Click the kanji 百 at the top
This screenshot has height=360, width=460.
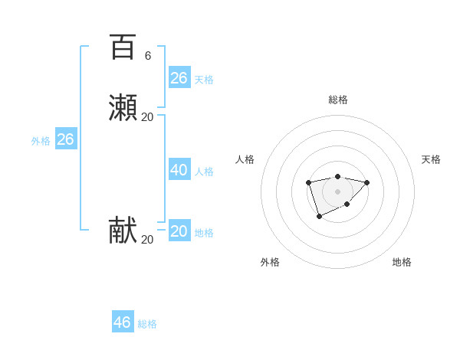tap(123, 47)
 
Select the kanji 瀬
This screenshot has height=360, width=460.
tap(123, 108)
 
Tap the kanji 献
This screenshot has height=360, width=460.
tap(123, 231)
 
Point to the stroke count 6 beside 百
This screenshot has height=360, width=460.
tap(148, 55)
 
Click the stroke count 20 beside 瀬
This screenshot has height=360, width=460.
tap(148, 116)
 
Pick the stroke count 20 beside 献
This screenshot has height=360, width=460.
tap(148, 239)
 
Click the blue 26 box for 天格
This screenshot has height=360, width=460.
tap(179, 78)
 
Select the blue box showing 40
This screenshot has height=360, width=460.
tap(179, 170)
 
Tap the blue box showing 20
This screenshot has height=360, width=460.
tap(179, 231)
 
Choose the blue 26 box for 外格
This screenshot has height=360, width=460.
tap(66, 139)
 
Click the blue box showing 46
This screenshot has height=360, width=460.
tap(123, 322)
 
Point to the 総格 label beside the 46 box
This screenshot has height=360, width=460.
tap(147, 324)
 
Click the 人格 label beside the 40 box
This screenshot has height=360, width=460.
tap(204, 172)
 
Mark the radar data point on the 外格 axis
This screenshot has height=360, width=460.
tap(319, 218)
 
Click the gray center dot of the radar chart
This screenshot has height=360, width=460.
tap(337, 191)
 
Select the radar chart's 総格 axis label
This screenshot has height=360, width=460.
tap(338, 100)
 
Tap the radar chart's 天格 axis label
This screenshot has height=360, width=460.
tap(431, 159)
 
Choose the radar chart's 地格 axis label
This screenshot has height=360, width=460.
tap(402, 262)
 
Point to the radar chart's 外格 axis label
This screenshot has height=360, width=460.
tap(270, 262)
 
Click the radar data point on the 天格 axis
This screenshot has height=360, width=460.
tap(367, 182)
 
